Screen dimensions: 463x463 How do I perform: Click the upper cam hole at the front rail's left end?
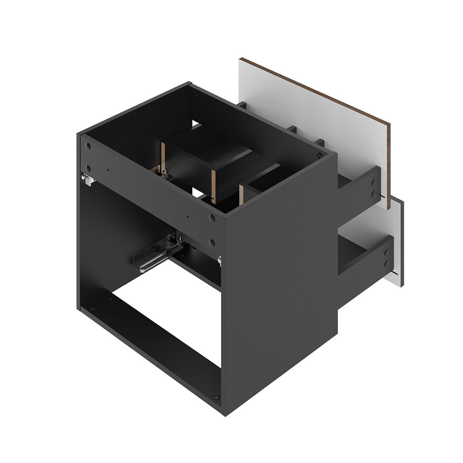[88, 146]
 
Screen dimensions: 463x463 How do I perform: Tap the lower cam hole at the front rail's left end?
[88, 168]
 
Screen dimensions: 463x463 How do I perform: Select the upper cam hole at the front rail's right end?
[211, 218]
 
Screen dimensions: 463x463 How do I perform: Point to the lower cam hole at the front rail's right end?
[211, 242]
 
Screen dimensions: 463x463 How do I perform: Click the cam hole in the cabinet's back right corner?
[319, 155]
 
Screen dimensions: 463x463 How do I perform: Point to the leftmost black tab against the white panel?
[242, 105]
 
